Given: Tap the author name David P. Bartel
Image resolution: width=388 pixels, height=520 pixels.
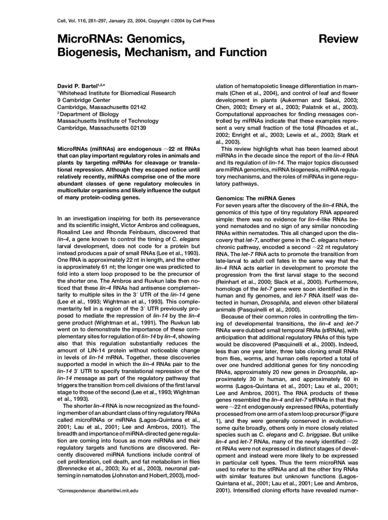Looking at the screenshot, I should (77, 86).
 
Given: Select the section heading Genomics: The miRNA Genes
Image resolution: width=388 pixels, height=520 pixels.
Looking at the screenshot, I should (255, 198).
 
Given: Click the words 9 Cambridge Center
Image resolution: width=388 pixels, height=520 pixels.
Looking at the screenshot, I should (84, 100).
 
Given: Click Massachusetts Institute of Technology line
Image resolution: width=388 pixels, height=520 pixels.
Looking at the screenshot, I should (108, 121).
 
